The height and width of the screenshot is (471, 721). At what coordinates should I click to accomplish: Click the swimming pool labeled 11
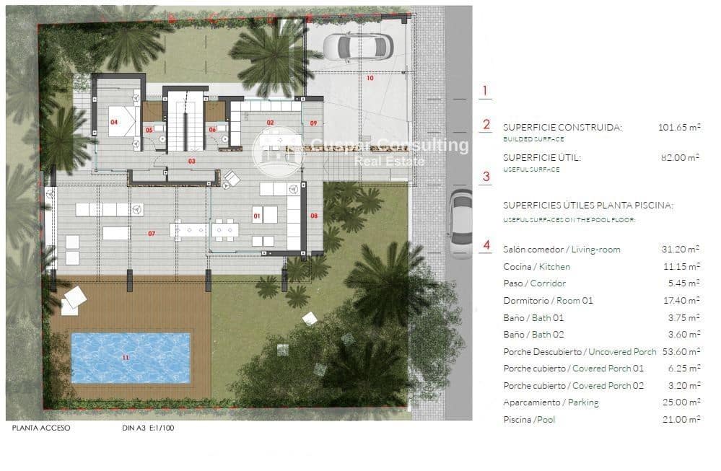tap(131, 357)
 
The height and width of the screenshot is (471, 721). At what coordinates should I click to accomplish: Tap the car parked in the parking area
tap(357, 48)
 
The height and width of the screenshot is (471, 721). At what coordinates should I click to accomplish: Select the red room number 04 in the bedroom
tap(113, 123)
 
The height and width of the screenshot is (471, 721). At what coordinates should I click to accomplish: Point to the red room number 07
tap(152, 234)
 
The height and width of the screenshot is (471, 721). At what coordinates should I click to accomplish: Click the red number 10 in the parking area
tap(370, 78)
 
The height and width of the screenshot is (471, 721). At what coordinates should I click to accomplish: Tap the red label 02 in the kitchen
tap(271, 123)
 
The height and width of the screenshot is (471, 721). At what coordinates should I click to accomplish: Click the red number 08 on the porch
tap(314, 216)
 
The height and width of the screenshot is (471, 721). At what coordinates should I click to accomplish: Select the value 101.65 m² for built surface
tap(679, 128)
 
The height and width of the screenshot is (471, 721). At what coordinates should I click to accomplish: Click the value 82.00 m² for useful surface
tap(679, 157)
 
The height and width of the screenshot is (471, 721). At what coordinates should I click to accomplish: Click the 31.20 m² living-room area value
tap(680, 250)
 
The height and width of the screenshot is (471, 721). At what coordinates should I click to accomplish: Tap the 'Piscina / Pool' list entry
tap(529, 420)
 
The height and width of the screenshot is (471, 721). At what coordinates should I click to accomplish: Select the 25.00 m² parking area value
tap(680, 402)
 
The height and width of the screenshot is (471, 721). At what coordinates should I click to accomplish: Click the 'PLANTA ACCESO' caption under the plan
tap(41, 428)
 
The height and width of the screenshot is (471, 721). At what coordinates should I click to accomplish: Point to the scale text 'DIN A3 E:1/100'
tap(148, 428)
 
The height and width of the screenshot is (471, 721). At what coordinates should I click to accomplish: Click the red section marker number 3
tap(486, 175)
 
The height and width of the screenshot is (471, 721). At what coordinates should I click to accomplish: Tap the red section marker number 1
tap(485, 91)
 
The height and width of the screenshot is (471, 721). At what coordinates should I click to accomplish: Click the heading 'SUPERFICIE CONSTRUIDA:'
tap(561, 128)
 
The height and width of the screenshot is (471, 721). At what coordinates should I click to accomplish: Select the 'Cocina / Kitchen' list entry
tap(536, 267)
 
